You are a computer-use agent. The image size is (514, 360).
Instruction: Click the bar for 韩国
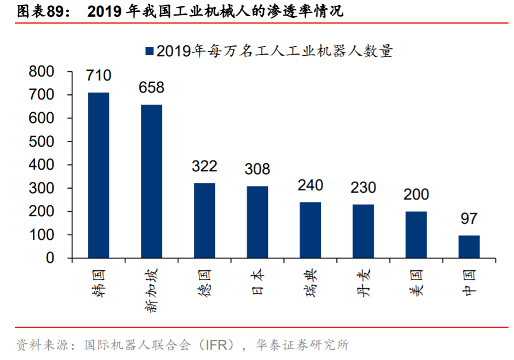coord(98,175)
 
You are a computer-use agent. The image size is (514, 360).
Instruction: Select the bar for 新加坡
coord(151,182)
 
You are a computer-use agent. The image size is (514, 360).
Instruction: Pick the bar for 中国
coord(469,247)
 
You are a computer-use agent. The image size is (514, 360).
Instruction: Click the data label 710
coord(98,75)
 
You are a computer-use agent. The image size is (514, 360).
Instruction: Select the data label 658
coord(151,87)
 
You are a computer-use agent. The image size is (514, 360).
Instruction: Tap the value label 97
coord(469,219)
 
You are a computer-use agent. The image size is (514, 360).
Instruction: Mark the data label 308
coord(257,169)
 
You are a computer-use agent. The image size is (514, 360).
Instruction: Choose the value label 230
coord(363,187)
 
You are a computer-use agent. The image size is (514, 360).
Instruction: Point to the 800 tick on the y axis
coord(41,72)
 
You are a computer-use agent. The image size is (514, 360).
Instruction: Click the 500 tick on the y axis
coord(41,141)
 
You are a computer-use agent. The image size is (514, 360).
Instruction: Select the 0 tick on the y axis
coord(49,258)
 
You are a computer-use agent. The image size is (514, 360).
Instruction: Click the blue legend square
coord(149,51)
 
